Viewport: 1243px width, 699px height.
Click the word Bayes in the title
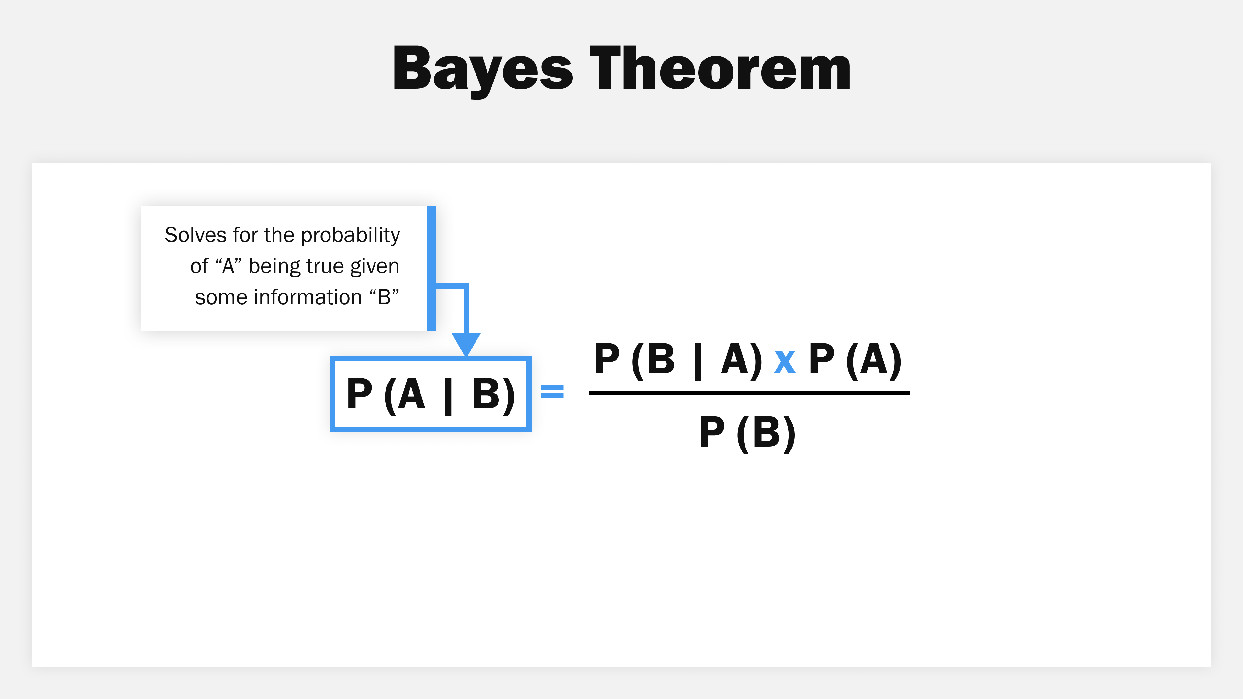point(483,69)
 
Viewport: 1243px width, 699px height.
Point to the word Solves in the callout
point(195,235)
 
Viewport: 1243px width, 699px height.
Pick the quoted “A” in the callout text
point(228,266)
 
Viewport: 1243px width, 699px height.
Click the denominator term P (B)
point(747,432)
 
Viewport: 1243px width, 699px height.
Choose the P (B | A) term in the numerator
point(678,360)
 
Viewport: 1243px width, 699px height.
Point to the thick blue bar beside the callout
point(431,269)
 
